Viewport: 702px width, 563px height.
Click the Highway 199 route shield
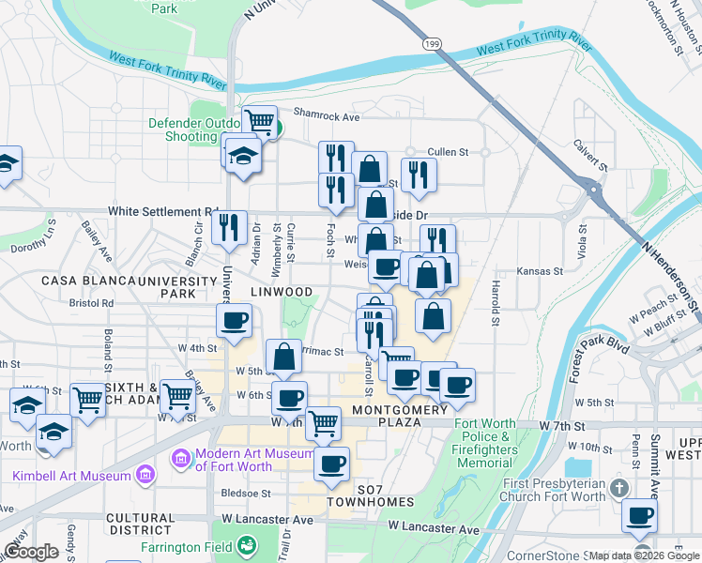(x=431, y=43)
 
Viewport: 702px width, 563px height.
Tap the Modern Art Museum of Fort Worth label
(x=249, y=460)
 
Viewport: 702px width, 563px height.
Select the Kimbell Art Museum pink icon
(x=145, y=475)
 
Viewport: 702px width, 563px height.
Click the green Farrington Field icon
(x=247, y=545)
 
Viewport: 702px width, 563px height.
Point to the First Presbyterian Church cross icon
(x=618, y=488)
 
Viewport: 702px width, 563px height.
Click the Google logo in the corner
(x=31, y=552)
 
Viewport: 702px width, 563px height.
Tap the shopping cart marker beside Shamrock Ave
(x=259, y=121)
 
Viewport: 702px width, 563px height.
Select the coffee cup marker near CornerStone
(x=639, y=515)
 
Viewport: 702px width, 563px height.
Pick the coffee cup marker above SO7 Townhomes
(x=330, y=464)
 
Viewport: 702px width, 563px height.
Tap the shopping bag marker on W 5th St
(x=283, y=357)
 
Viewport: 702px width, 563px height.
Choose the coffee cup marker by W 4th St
(x=234, y=321)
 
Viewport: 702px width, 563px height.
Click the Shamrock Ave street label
(x=327, y=116)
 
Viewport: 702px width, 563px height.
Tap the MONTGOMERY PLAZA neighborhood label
(x=400, y=417)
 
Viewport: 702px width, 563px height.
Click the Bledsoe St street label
(x=245, y=492)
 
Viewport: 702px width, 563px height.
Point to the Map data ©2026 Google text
(x=643, y=555)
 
